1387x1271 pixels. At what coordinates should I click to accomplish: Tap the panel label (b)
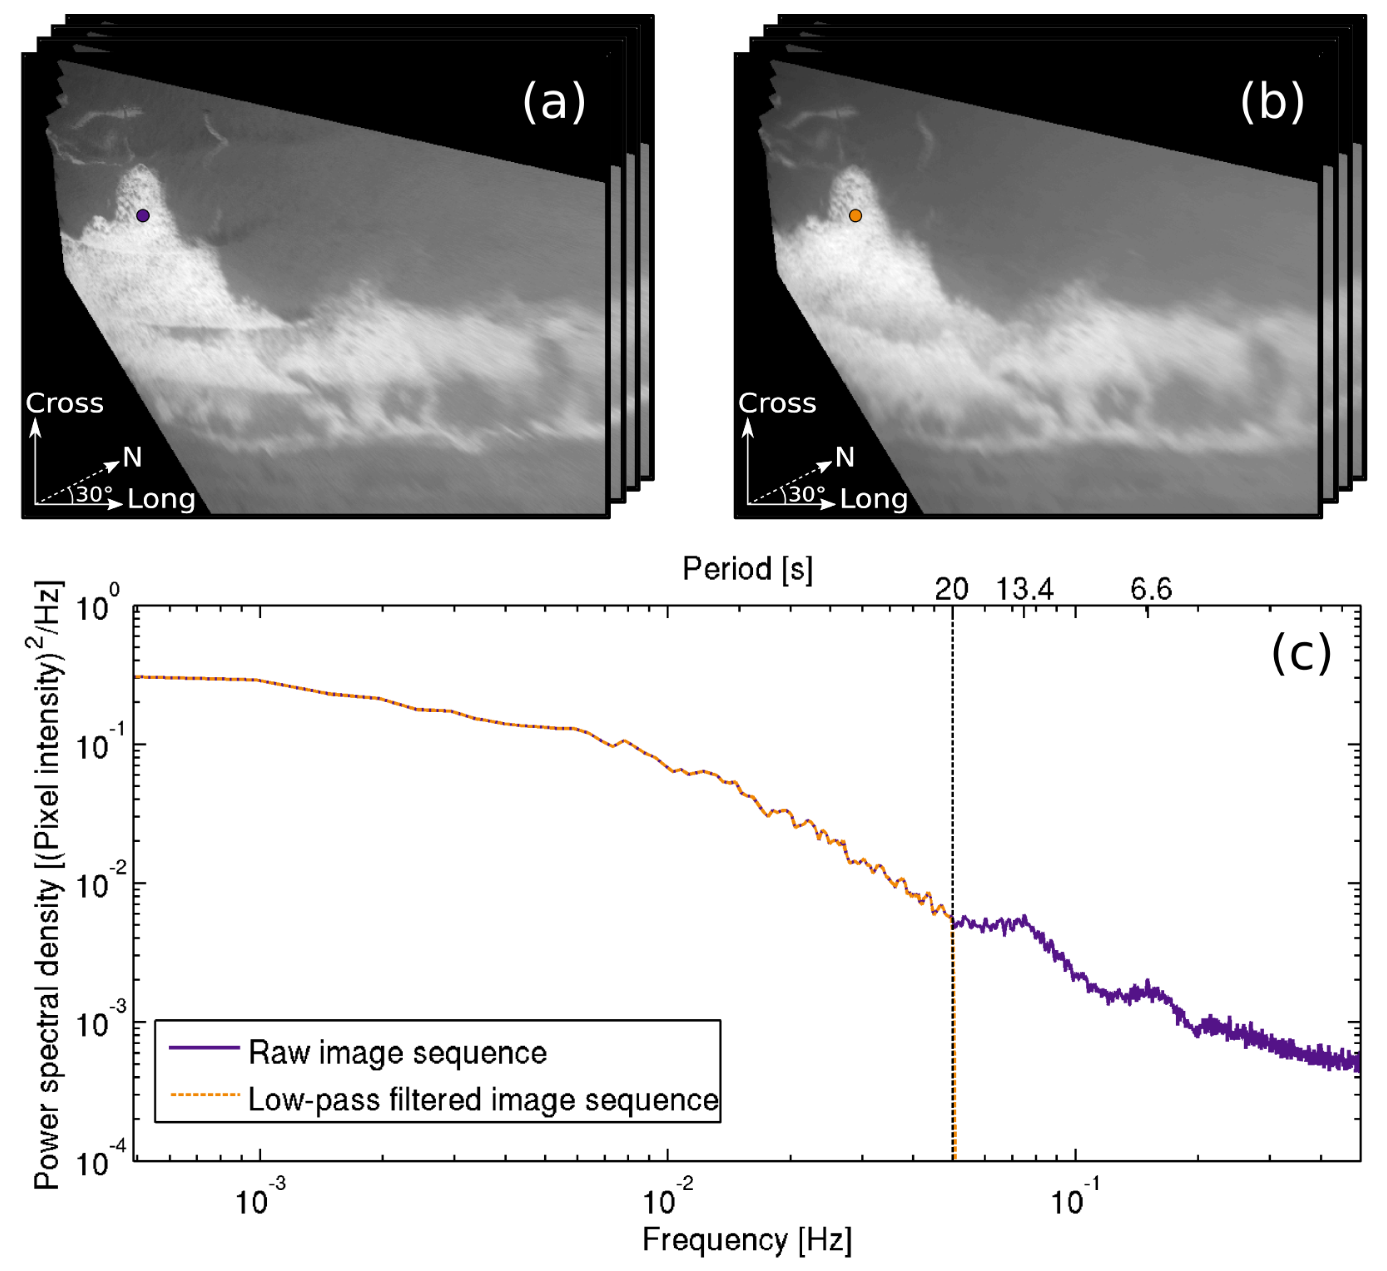1272,102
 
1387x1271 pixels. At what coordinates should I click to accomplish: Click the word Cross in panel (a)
65,403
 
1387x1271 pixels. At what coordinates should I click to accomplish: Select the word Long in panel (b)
874,499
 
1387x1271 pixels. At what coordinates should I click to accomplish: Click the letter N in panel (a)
132,457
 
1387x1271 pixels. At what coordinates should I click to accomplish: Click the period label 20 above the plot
951,590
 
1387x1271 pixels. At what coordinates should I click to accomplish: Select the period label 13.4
1025,590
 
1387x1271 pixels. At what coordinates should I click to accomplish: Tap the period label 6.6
1151,590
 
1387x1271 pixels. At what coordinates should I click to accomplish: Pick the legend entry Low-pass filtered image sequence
483,1100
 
